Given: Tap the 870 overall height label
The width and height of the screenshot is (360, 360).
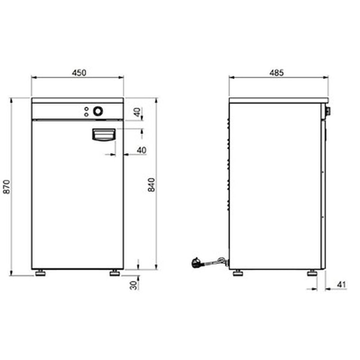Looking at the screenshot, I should pyautogui.click(x=6, y=187).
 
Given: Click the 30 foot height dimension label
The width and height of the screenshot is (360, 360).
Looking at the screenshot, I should pyautogui.click(x=133, y=284).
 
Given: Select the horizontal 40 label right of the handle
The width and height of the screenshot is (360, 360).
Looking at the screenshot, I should pyautogui.click(x=141, y=150).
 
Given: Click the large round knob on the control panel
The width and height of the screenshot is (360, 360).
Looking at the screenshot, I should pyautogui.click(x=98, y=111).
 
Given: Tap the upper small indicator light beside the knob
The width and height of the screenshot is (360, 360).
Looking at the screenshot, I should pyautogui.click(x=86, y=109).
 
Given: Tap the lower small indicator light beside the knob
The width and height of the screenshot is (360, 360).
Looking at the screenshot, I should pyautogui.click(x=86, y=114).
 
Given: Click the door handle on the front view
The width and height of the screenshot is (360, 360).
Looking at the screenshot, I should pyautogui.click(x=103, y=135).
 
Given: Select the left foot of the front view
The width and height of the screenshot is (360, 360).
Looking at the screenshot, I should pyautogui.click(x=40, y=273).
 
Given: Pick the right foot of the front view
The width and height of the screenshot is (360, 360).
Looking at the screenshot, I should pyautogui.click(x=115, y=273).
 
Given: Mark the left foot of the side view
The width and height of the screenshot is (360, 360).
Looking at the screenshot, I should pyautogui.click(x=237, y=273).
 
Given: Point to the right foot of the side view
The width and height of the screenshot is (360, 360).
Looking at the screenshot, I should pyautogui.click(x=311, y=273).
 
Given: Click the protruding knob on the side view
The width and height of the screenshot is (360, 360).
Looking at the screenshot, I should pyautogui.click(x=328, y=111).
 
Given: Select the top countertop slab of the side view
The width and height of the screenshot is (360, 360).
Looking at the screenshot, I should pyautogui.click(x=278, y=100).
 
